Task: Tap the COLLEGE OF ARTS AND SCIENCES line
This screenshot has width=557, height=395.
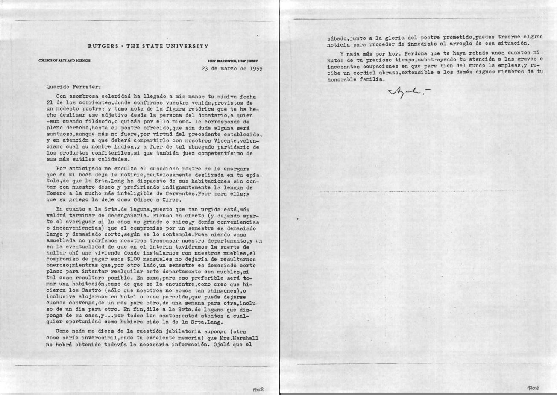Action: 64,61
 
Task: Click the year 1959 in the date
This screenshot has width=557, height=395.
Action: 255,68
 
